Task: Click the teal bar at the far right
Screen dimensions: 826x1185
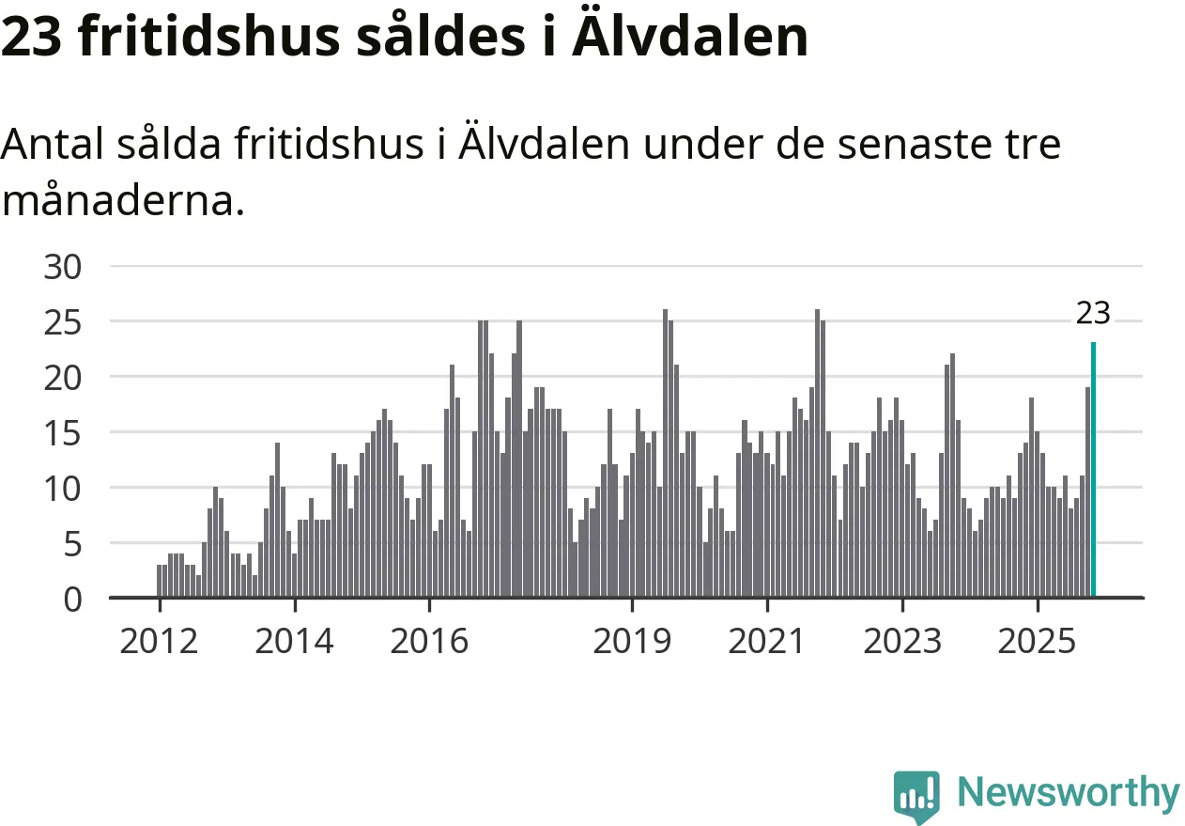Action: click(1093, 470)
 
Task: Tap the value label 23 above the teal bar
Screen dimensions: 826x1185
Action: click(1093, 314)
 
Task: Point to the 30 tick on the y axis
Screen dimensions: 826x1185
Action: click(64, 267)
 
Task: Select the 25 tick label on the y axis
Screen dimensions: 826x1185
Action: click(64, 322)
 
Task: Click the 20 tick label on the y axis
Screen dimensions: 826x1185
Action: click(64, 378)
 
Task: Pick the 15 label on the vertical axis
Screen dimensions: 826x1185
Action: click(64, 433)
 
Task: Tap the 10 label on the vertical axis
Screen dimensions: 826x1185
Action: click(64, 489)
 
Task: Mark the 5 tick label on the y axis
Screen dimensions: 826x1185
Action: click(74, 544)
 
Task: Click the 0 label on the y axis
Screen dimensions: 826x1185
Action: click(74, 600)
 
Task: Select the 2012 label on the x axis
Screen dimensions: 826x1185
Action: click(160, 642)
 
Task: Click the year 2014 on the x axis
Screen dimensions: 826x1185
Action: click(294, 642)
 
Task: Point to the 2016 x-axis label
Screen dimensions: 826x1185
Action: click(429, 642)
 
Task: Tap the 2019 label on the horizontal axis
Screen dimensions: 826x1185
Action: click(633, 642)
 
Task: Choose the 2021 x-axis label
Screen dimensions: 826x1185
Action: click(767, 642)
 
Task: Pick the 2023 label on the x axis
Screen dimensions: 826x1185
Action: click(902, 642)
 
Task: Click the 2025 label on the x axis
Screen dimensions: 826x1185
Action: click(1038, 642)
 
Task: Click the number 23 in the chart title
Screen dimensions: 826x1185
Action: click(31, 38)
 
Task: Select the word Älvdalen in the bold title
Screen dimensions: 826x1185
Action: click(702, 38)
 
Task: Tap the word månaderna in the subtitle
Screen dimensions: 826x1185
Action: click(122, 199)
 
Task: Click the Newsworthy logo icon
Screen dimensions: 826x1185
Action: click(916, 795)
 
